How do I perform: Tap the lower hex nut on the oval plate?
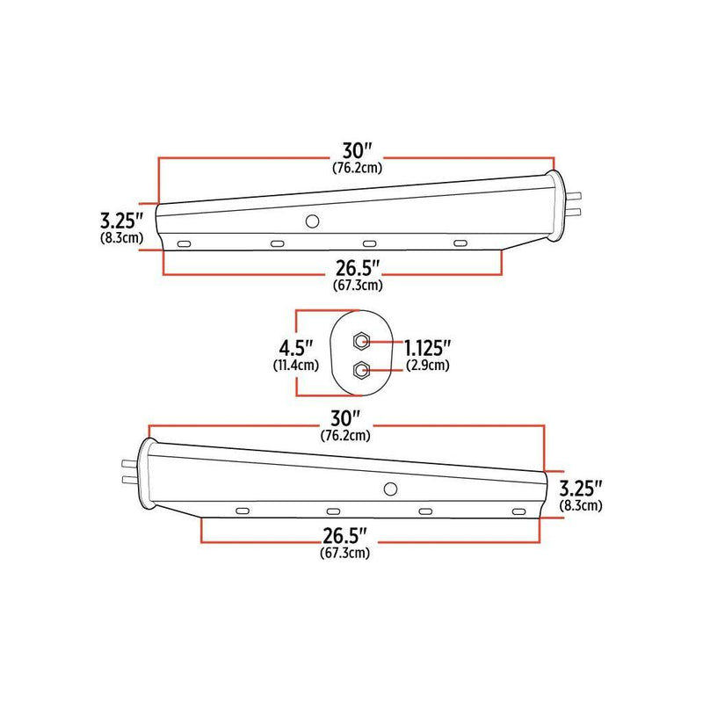click(360, 370)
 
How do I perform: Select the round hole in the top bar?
click(311, 223)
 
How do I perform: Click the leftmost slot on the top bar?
click(184, 243)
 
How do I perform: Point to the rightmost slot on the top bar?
click(459, 242)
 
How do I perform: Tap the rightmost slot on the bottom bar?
click(518, 511)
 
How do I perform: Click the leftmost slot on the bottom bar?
click(242, 511)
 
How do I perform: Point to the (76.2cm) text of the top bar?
click(357, 167)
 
